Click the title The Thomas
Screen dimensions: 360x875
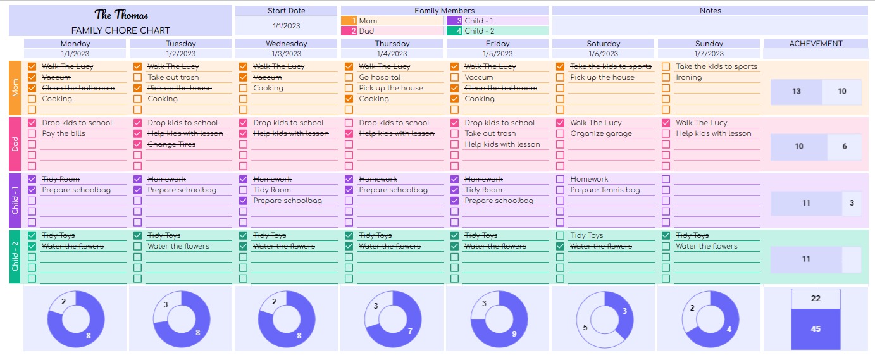pos(120,15)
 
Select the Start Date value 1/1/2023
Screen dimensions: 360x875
pos(286,26)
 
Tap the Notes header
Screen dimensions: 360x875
pos(710,11)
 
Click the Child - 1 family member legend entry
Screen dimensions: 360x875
pos(479,21)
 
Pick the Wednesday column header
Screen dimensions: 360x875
pos(286,44)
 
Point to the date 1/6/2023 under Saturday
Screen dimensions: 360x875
pos(603,54)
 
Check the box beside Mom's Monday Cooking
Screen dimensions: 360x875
pos(32,99)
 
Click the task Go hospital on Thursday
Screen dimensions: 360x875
pos(380,77)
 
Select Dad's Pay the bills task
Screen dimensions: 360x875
pos(63,133)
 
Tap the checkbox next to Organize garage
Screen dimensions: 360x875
pos(560,133)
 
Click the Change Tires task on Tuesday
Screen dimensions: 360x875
pos(171,144)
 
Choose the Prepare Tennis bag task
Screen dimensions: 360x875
pos(604,190)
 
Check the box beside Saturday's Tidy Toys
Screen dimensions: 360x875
pos(560,235)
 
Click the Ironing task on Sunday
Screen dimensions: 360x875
pos(688,77)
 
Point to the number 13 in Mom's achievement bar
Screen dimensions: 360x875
pos(796,91)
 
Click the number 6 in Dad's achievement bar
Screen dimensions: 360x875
pos(844,146)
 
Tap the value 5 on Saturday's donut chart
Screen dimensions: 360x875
pos(585,328)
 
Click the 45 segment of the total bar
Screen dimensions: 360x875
pos(816,329)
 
